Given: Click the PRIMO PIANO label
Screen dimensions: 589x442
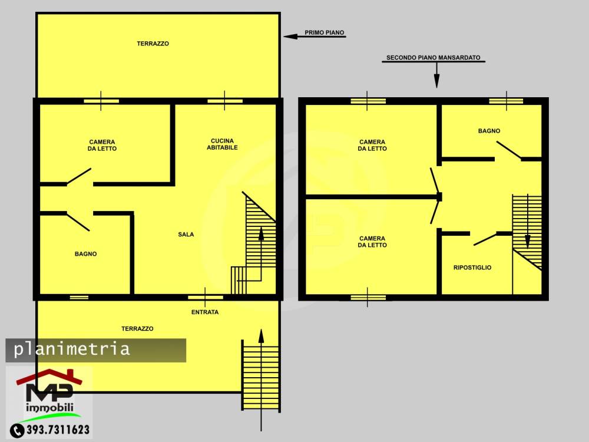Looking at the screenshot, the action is click(324, 32).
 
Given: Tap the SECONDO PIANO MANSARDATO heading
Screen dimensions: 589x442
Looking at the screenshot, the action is click(433, 58).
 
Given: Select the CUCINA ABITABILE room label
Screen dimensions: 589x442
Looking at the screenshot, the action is click(222, 144).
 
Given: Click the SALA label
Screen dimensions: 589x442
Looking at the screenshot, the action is click(186, 235).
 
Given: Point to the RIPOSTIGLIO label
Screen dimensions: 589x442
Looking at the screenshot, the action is click(472, 268).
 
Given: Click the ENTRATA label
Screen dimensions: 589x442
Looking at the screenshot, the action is click(205, 312).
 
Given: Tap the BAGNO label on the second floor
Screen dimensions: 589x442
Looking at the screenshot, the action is click(489, 131).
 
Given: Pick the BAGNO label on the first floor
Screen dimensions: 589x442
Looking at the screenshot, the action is click(85, 254).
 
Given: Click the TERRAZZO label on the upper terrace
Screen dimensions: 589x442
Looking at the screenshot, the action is click(153, 44).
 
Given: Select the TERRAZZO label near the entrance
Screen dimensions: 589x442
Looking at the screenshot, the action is click(137, 328).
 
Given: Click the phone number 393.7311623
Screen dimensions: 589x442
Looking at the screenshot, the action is click(58, 430).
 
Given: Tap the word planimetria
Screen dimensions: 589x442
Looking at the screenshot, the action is click(72, 349).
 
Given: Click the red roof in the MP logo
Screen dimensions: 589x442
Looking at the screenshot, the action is click(49, 377).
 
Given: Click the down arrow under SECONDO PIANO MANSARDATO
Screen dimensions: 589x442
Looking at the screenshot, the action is click(436, 75).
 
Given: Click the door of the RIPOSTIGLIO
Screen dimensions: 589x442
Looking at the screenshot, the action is click(485, 239).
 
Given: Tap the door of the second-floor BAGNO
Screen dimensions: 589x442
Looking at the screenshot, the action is click(509, 150).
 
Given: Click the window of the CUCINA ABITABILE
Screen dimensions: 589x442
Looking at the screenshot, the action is click(225, 101).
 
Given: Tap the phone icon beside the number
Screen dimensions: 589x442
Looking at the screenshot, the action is click(17, 430).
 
